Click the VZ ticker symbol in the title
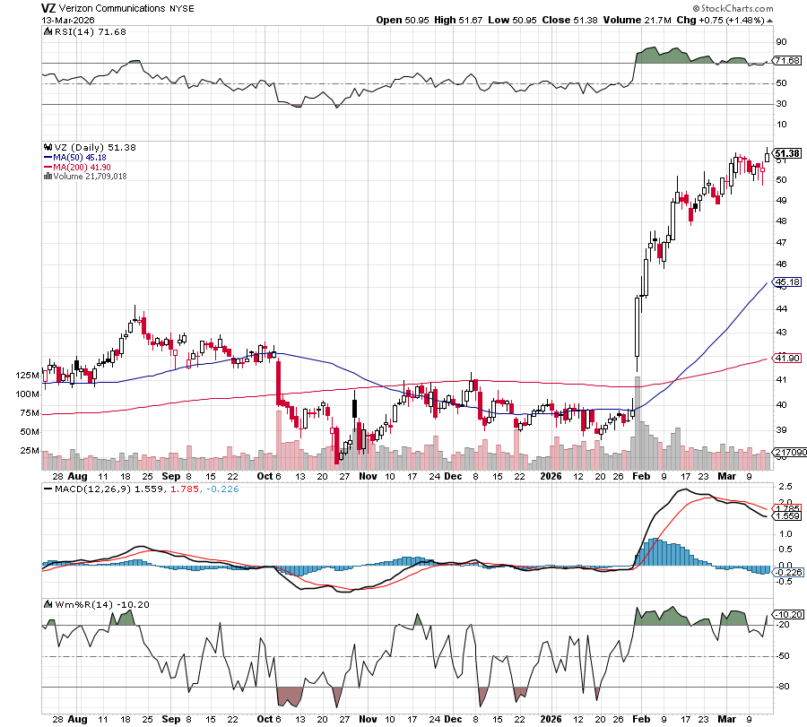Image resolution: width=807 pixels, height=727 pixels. (x=48, y=7)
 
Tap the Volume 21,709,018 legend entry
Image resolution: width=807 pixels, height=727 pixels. (x=85, y=176)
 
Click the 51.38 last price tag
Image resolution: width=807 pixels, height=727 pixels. (x=786, y=153)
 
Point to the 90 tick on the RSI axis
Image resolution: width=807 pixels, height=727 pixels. (x=781, y=41)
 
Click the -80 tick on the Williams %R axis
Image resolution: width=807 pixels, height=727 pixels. (x=783, y=688)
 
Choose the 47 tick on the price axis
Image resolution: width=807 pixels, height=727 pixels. (x=780, y=243)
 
